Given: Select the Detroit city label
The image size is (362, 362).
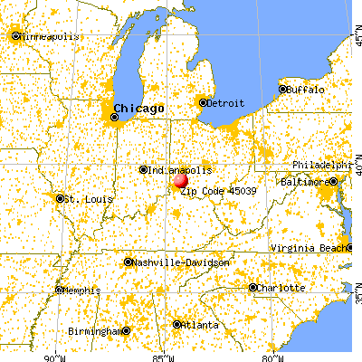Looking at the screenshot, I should pos(226,102).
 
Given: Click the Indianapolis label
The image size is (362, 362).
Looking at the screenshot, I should pos(182,169).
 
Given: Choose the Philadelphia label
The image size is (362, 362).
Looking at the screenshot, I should pos(321,166).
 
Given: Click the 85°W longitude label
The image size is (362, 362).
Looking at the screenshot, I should pos(164,355).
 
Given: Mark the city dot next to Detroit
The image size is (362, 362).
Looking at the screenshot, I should pos(203,102).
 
